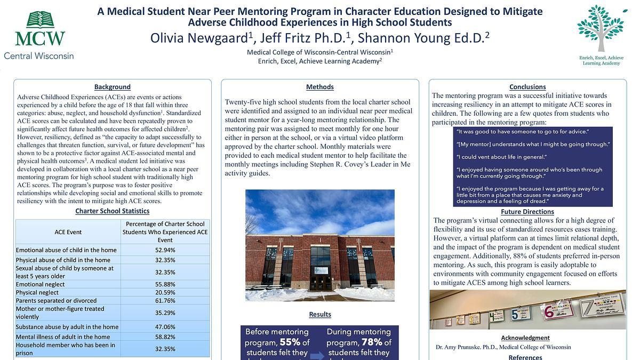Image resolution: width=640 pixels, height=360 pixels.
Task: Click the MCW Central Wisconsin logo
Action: click(39, 35)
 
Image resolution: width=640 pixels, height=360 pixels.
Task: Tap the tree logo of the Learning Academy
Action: click(602, 29)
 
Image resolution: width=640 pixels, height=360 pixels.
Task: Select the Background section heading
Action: click(112, 87)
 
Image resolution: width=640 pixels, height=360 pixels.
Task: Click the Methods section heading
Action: click(320, 87)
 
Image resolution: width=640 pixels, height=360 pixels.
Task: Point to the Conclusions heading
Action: click(527, 87)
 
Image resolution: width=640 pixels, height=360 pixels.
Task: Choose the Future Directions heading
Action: click(527, 212)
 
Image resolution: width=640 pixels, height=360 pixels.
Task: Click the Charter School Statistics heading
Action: click(112, 211)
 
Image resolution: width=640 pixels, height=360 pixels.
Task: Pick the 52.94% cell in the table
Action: click(165, 250)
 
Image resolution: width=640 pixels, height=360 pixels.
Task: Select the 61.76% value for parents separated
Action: click(165, 301)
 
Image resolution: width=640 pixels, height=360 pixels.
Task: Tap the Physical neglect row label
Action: click(37, 293)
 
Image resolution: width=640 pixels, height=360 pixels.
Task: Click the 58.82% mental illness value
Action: click(165, 337)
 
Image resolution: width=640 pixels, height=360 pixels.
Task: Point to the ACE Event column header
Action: click(68, 233)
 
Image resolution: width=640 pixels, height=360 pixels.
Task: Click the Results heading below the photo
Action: click(320, 315)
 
